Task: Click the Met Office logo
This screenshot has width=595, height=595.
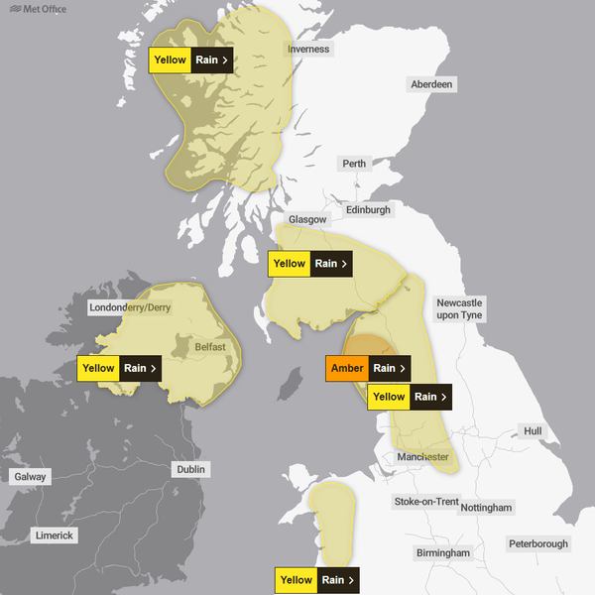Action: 32,9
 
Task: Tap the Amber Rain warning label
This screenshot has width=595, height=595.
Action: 368,368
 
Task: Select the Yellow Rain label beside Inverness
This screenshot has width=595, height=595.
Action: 191,59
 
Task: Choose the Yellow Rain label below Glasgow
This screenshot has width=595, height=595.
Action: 310,264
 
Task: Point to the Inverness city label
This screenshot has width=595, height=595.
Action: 308,49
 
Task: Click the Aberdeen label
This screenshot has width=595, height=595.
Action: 431,84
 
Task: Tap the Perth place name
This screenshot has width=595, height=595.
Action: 353,163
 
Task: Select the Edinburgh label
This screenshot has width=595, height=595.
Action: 369,210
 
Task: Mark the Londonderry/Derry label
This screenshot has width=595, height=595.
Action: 130,307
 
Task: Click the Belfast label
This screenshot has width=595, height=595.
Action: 210,346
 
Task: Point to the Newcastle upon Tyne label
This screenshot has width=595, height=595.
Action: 459,308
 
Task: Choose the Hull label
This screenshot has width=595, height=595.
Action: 534,431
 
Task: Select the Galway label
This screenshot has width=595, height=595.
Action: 30,477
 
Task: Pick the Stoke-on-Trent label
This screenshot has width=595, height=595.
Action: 425,502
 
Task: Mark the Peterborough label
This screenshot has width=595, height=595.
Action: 537,543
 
